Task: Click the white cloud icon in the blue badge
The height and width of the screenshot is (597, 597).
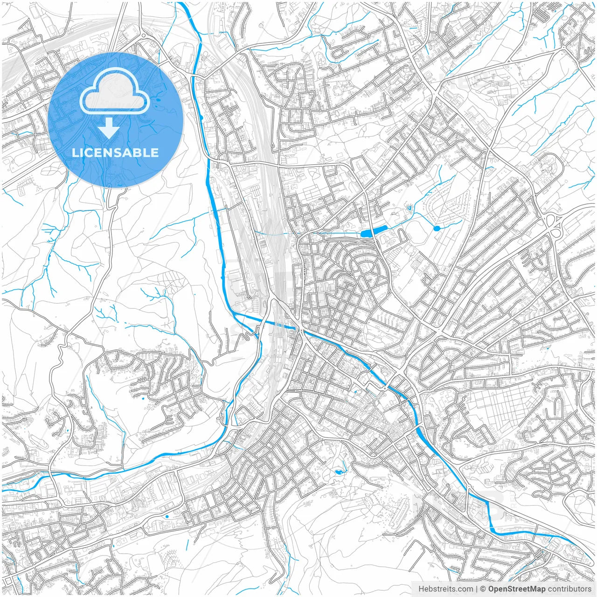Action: click(115, 91)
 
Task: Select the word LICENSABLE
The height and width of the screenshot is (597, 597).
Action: click(115, 153)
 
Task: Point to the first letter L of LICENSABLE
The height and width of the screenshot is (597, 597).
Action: click(75, 153)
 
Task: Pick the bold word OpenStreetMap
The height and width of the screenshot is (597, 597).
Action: click(517, 589)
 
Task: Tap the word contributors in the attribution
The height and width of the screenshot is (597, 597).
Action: click(569, 589)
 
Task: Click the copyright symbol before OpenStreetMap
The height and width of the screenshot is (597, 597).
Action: click(483, 589)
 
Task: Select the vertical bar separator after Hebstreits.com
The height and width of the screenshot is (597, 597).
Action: click(477, 589)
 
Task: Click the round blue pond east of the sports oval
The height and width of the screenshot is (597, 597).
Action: click(437, 228)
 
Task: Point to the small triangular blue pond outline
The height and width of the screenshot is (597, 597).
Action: click(410, 208)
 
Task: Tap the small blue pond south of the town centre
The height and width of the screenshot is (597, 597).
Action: click(338, 472)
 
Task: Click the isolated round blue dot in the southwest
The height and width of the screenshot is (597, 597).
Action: click(167, 516)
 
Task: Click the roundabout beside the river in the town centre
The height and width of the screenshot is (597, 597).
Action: click(385, 387)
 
